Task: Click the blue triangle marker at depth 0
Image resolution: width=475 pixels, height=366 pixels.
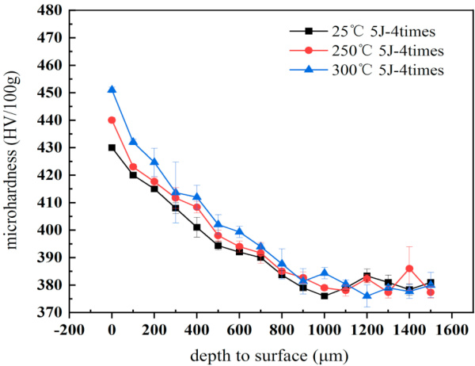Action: [112, 90]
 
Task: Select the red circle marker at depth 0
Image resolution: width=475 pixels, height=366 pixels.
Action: [112, 120]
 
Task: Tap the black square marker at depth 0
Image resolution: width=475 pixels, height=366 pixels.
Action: [112, 147]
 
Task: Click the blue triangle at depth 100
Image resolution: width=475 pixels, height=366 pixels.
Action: [133, 142]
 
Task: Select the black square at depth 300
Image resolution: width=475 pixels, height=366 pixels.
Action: [176, 208]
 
